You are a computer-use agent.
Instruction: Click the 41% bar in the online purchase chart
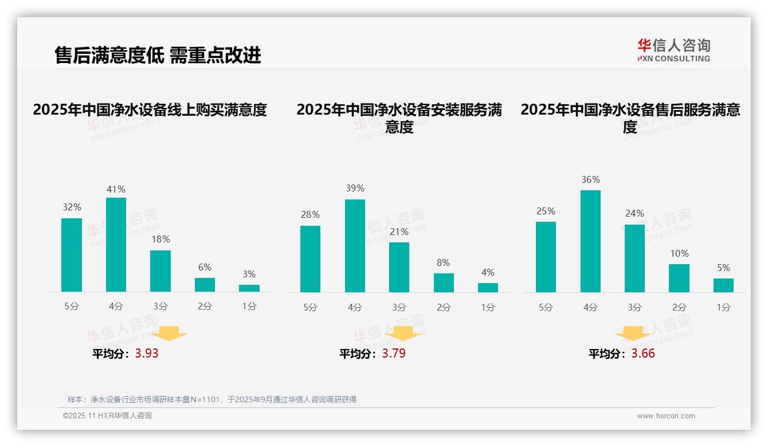pos(116,245)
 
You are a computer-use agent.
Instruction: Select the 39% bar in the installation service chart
pos(355,246)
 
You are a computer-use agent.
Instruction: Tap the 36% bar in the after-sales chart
pos(590,241)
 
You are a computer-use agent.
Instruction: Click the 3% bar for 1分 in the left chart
pos(249,288)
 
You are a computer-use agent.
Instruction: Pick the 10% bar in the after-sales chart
pos(679,278)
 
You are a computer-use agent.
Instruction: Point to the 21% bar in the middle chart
pos(399,267)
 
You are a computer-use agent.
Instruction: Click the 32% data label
pos(72,207)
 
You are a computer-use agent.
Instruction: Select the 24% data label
pos(634,213)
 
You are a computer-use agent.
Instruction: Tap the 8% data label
pos(443,262)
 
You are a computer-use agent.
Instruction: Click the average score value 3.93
pos(147,354)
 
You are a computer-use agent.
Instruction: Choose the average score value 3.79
pos(394,354)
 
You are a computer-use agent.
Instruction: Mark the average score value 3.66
pos(643,354)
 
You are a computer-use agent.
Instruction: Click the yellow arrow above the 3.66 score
pos(633,334)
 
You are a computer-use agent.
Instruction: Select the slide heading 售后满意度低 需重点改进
pos(158,55)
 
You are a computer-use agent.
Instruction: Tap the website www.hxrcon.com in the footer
pos(665,416)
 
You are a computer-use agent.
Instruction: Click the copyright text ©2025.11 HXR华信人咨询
pos(107,416)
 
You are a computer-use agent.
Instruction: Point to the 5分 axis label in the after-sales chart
pos(546,307)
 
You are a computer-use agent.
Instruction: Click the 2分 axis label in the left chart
pos(205,307)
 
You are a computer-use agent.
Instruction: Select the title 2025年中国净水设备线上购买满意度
pos(150,109)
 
